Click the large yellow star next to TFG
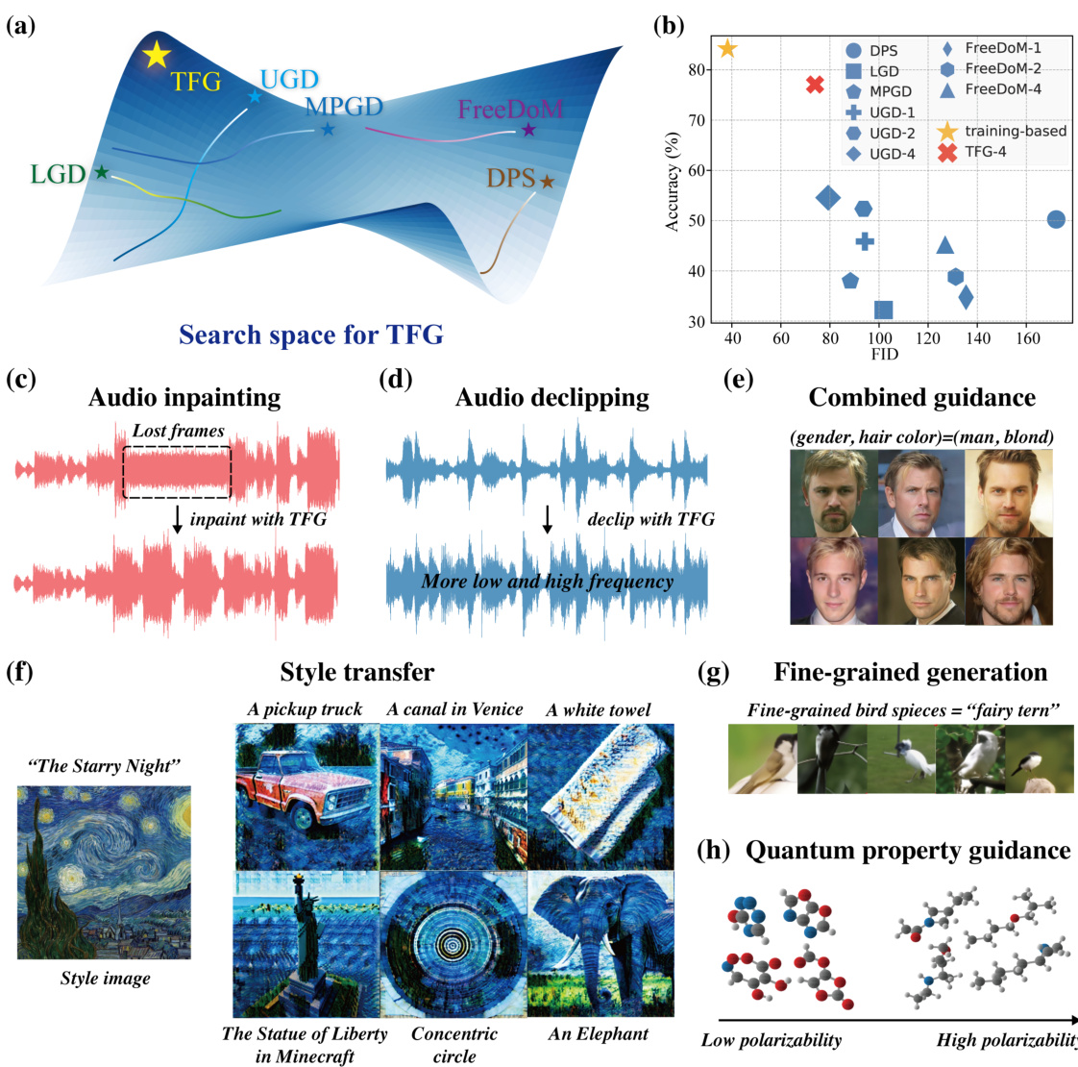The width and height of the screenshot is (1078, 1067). click(155, 55)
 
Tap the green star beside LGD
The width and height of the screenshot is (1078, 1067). click(101, 172)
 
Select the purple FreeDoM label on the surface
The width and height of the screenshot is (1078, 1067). click(509, 109)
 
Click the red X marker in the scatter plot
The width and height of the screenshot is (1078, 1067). click(815, 85)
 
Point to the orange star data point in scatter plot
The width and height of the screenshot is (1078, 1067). click(727, 48)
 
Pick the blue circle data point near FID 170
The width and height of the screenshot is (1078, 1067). click(1055, 219)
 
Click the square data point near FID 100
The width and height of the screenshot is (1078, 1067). click(883, 310)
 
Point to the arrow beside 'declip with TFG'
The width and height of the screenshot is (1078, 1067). click(548, 519)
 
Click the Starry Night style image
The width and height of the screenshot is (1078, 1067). click(104, 871)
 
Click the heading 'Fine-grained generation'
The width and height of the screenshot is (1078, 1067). click(910, 672)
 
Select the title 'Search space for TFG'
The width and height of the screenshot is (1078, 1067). click(311, 335)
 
